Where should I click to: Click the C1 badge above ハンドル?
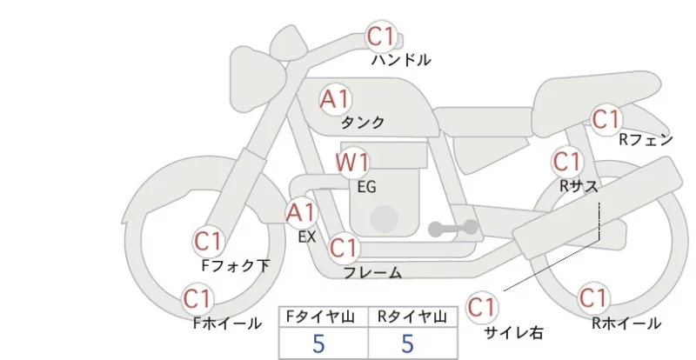[381, 37]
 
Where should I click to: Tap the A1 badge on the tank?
[335, 99]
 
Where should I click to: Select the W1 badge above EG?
[351, 163]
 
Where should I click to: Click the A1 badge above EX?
[301, 213]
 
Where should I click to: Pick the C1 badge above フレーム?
[344, 248]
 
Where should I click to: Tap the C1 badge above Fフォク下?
[208, 242]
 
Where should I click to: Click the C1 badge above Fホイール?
[197, 299]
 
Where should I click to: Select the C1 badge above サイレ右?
[482, 307]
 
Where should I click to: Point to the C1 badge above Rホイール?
[593, 298]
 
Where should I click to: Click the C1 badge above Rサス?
[567, 162]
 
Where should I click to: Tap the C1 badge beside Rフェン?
[606, 120]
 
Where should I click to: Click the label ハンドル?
[401, 60]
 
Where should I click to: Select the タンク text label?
[362, 122]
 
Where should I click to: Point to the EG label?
[366, 187]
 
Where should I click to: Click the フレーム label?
[373, 272]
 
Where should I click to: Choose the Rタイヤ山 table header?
[412, 317]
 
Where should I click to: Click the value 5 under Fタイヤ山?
[318, 343]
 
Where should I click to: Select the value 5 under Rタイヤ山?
[407, 343]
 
